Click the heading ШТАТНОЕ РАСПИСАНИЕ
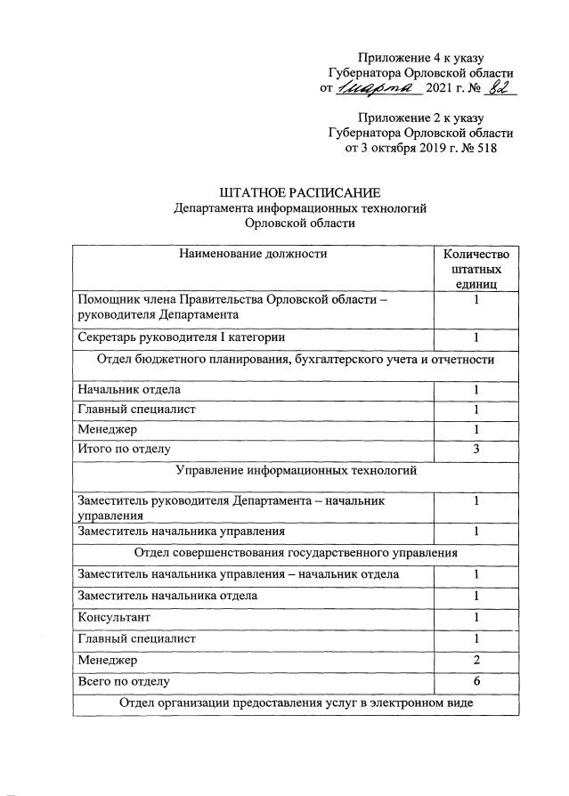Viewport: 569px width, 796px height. pyautogui.click(x=299, y=192)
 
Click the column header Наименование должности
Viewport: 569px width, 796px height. pyautogui.click(x=253, y=254)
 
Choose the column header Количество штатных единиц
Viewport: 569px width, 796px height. pyautogui.click(x=476, y=268)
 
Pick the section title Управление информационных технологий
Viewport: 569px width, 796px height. pyautogui.click(x=297, y=469)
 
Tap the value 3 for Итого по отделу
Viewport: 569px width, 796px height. pyautogui.click(x=476, y=448)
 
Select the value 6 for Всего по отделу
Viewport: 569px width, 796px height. pyautogui.click(x=476, y=681)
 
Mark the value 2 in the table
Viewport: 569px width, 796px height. pyautogui.click(x=476, y=660)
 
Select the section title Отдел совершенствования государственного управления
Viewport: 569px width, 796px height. pyautogui.click(x=297, y=553)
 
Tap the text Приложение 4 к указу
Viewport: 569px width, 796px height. pyautogui.click(x=419, y=58)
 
